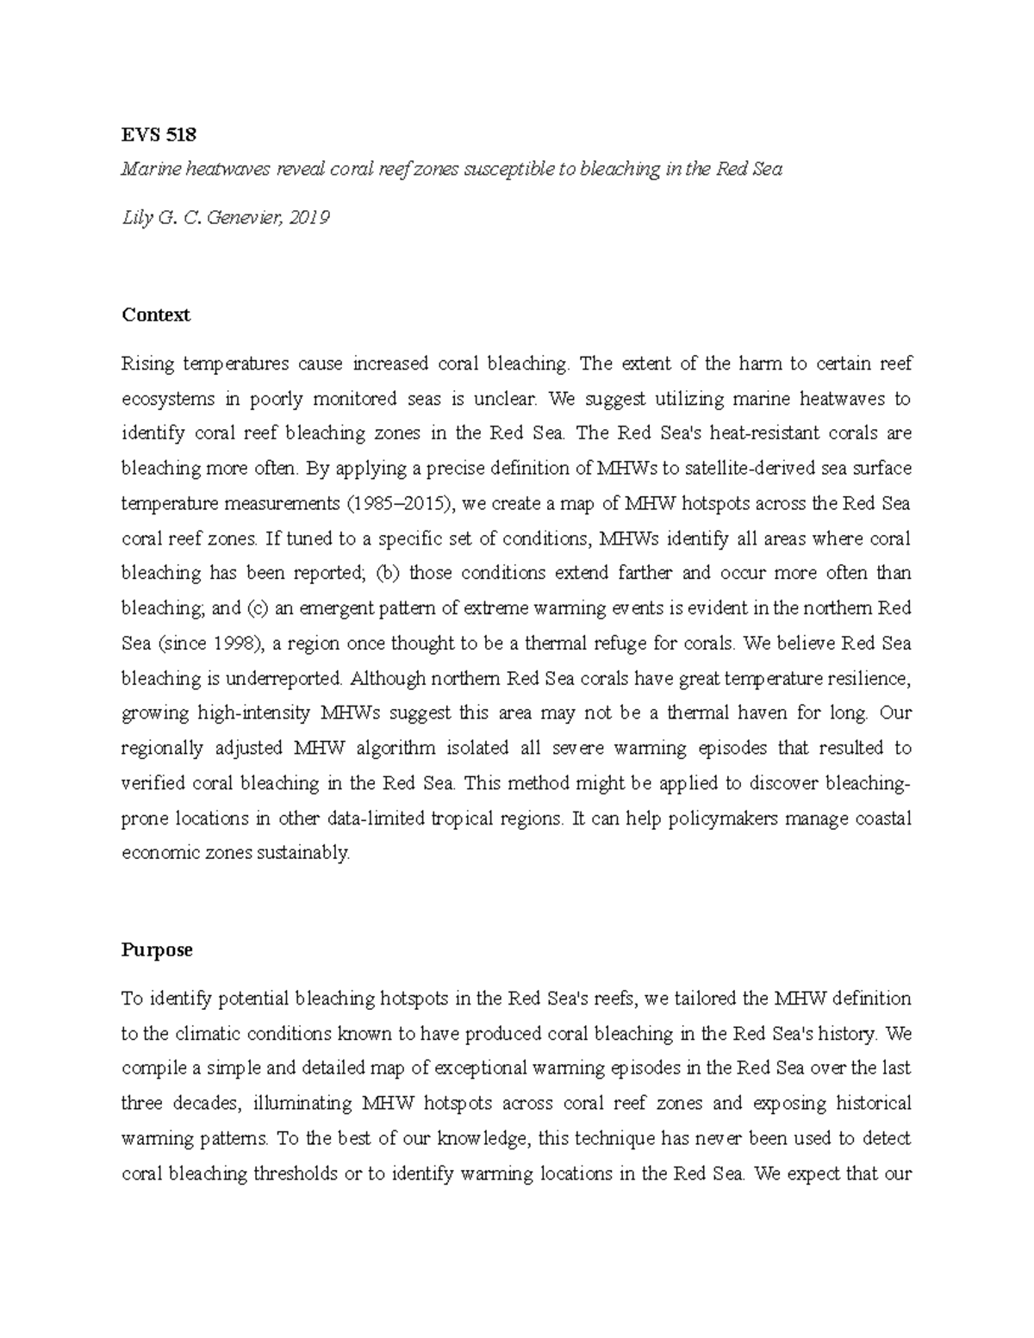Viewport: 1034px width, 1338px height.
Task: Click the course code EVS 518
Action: coord(159,134)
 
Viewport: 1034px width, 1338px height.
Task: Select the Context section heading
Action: coord(156,315)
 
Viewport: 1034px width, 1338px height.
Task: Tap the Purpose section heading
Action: coord(157,950)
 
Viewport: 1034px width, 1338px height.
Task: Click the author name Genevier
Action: coord(245,218)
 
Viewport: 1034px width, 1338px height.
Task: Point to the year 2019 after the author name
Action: coord(310,218)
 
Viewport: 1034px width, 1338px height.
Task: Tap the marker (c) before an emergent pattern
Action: coord(258,608)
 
